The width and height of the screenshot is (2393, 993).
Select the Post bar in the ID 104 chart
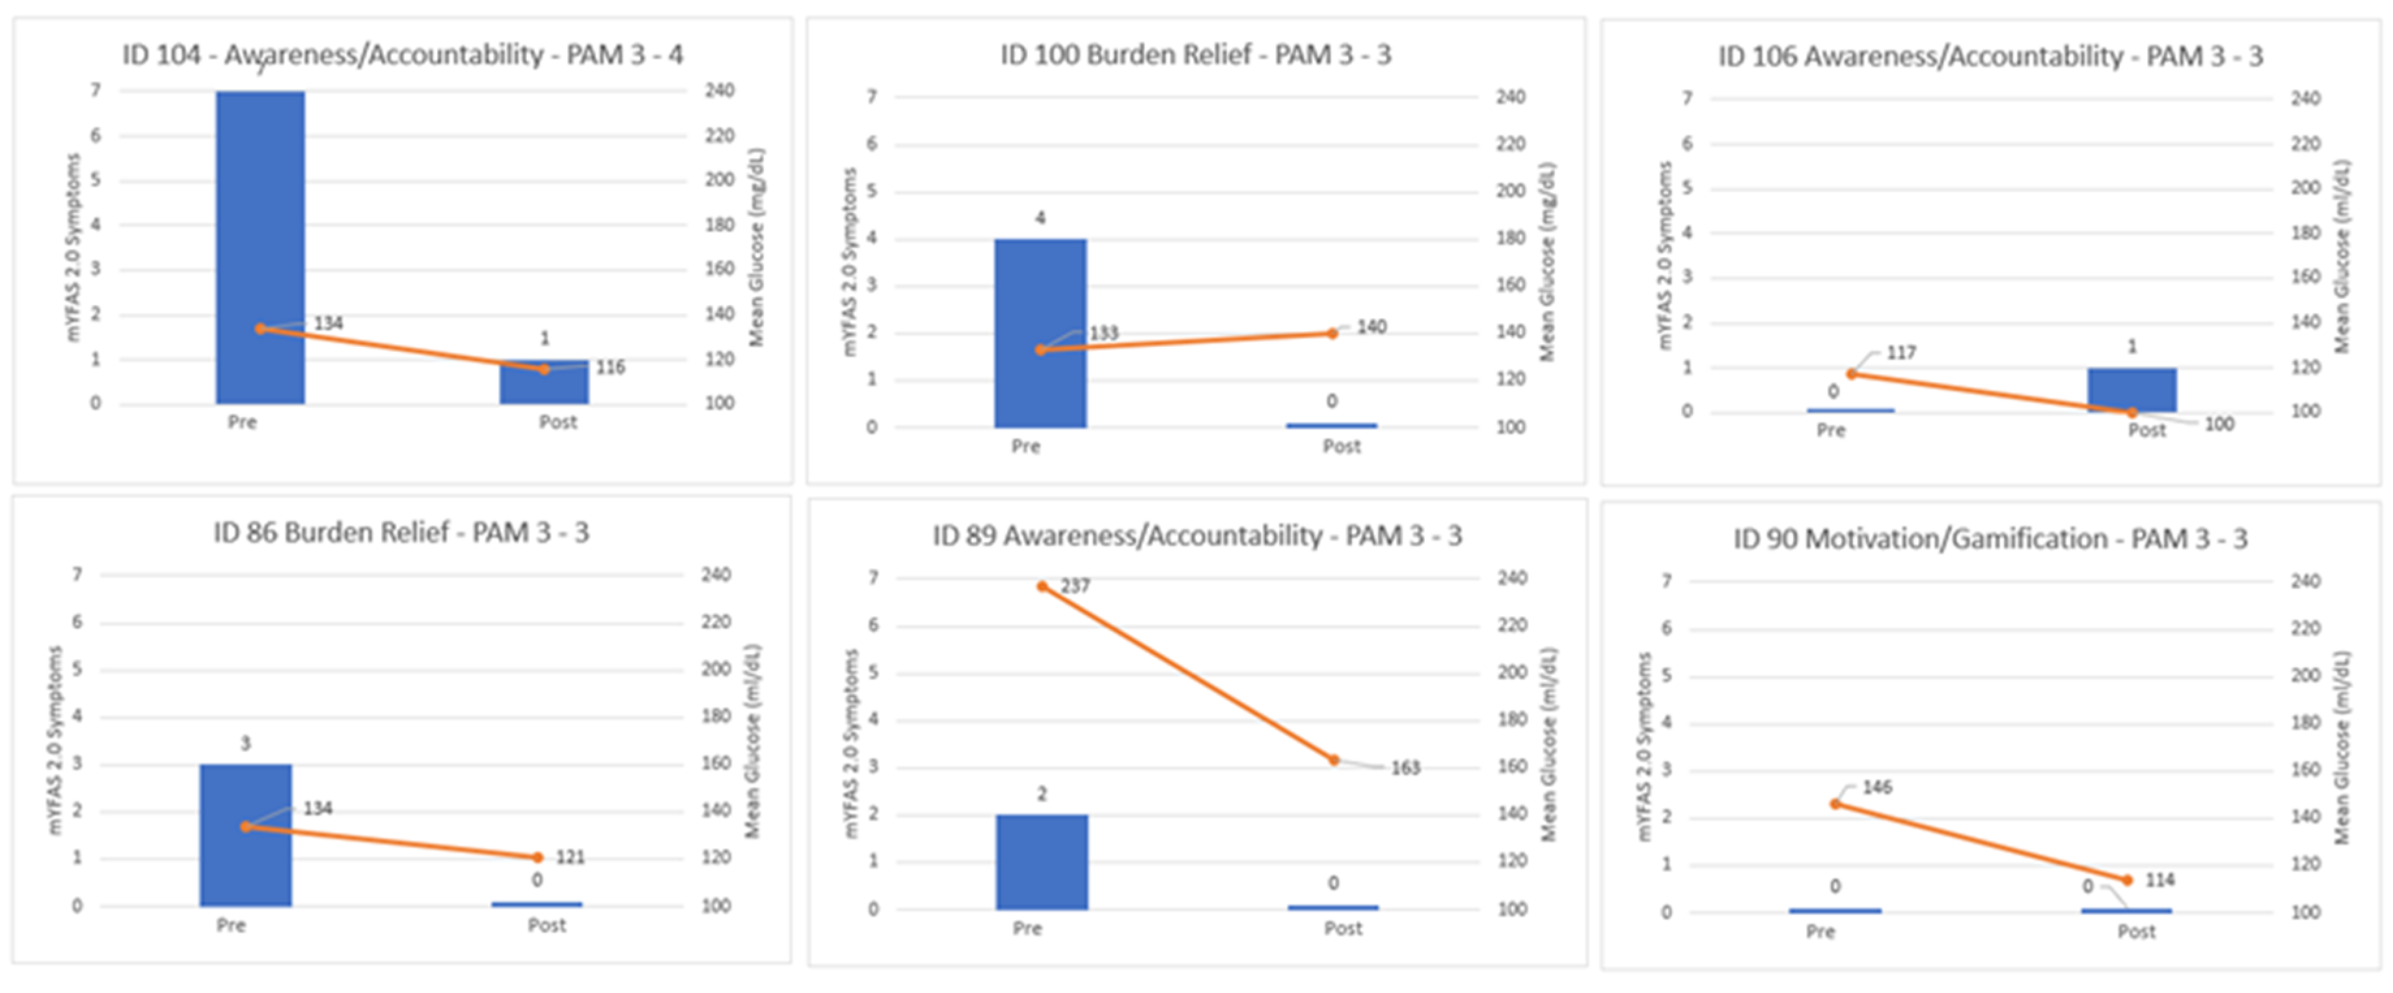(545, 383)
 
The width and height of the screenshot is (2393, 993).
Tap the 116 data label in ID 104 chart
(610, 368)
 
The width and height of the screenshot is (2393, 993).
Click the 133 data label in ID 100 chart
(1103, 333)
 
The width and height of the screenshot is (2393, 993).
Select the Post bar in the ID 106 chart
(2132, 390)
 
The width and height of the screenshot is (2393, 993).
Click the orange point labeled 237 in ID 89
(1042, 586)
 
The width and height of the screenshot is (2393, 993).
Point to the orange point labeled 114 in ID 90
(2128, 880)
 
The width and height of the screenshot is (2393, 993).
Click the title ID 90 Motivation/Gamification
(1990, 539)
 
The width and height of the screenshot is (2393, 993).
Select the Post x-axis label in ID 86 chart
(547, 926)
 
